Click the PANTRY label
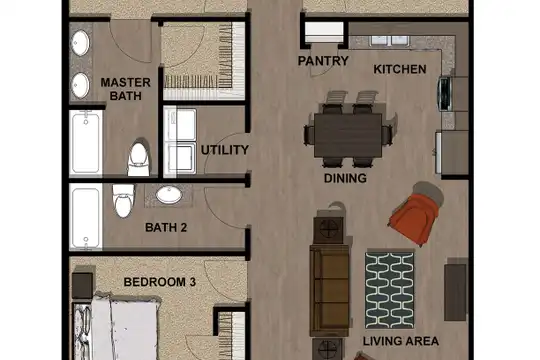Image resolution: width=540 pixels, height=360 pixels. [x=323, y=61]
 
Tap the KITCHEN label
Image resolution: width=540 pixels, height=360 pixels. [x=400, y=69]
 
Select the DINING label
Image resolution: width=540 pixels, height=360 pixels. [x=345, y=178]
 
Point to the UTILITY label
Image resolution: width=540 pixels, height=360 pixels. [x=225, y=150]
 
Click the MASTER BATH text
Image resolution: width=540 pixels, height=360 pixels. [x=125, y=89]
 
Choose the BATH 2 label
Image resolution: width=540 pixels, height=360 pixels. [x=166, y=227]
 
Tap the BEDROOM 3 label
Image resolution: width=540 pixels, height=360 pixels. [x=160, y=282]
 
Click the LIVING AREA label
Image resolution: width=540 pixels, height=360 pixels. [x=401, y=341]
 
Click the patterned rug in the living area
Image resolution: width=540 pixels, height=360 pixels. [x=390, y=290]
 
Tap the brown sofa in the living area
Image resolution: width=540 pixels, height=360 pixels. [x=330, y=290]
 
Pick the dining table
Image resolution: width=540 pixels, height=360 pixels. [x=348, y=135]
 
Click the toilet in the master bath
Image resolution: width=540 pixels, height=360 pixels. [x=139, y=159]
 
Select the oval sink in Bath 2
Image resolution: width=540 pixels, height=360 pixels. [x=169, y=195]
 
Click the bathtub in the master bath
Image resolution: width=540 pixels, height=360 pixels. [x=86, y=143]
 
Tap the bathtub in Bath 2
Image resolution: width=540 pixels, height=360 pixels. [x=86, y=216]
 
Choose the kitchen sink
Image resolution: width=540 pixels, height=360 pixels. [x=390, y=41]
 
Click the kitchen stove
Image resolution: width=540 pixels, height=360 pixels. [x=445, y=94]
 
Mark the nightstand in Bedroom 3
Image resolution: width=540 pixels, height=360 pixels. [x=82, y=286]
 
